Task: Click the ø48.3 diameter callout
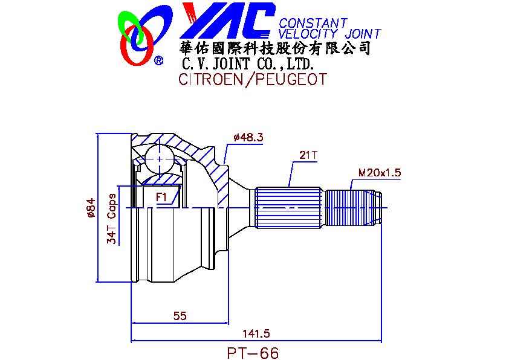tap(248, 137)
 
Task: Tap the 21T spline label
tap(308, 155)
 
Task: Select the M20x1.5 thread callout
tap(380, 173)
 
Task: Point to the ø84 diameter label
tap(90, 208)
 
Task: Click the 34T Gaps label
tap(111, 219)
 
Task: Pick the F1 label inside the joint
tap(161, 197)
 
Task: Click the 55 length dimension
tap(180, 315)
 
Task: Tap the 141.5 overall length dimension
tap(256, 333)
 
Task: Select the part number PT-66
tap(253, 353)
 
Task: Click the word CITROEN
tap(210, 79)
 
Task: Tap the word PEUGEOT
tap(291, 79)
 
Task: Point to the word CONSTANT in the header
tap(313, 23)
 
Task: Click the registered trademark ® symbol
tap(158, 60)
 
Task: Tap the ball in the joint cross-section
tap(159, 159)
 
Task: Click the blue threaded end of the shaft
tap(353, 208)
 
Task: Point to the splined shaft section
tap(288, 208)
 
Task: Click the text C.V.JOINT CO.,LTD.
tap(248, 63)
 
